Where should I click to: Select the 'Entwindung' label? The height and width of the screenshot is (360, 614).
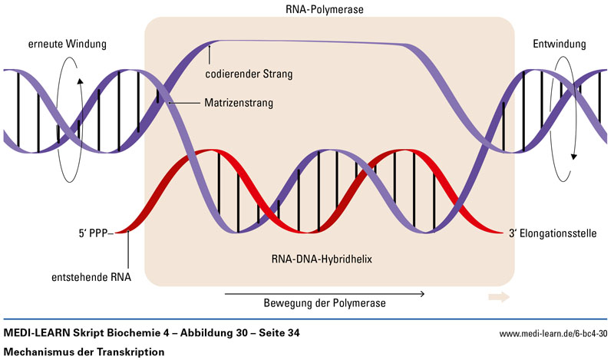(x=560, y=45)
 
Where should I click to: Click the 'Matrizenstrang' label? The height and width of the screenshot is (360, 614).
(x=239, y=101)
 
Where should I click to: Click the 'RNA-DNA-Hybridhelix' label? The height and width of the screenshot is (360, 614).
(x=328, y=259)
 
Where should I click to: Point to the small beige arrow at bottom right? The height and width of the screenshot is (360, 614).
(x=498, y=295)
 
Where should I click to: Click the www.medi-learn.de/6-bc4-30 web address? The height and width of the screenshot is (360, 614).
(x=553, y=334)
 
